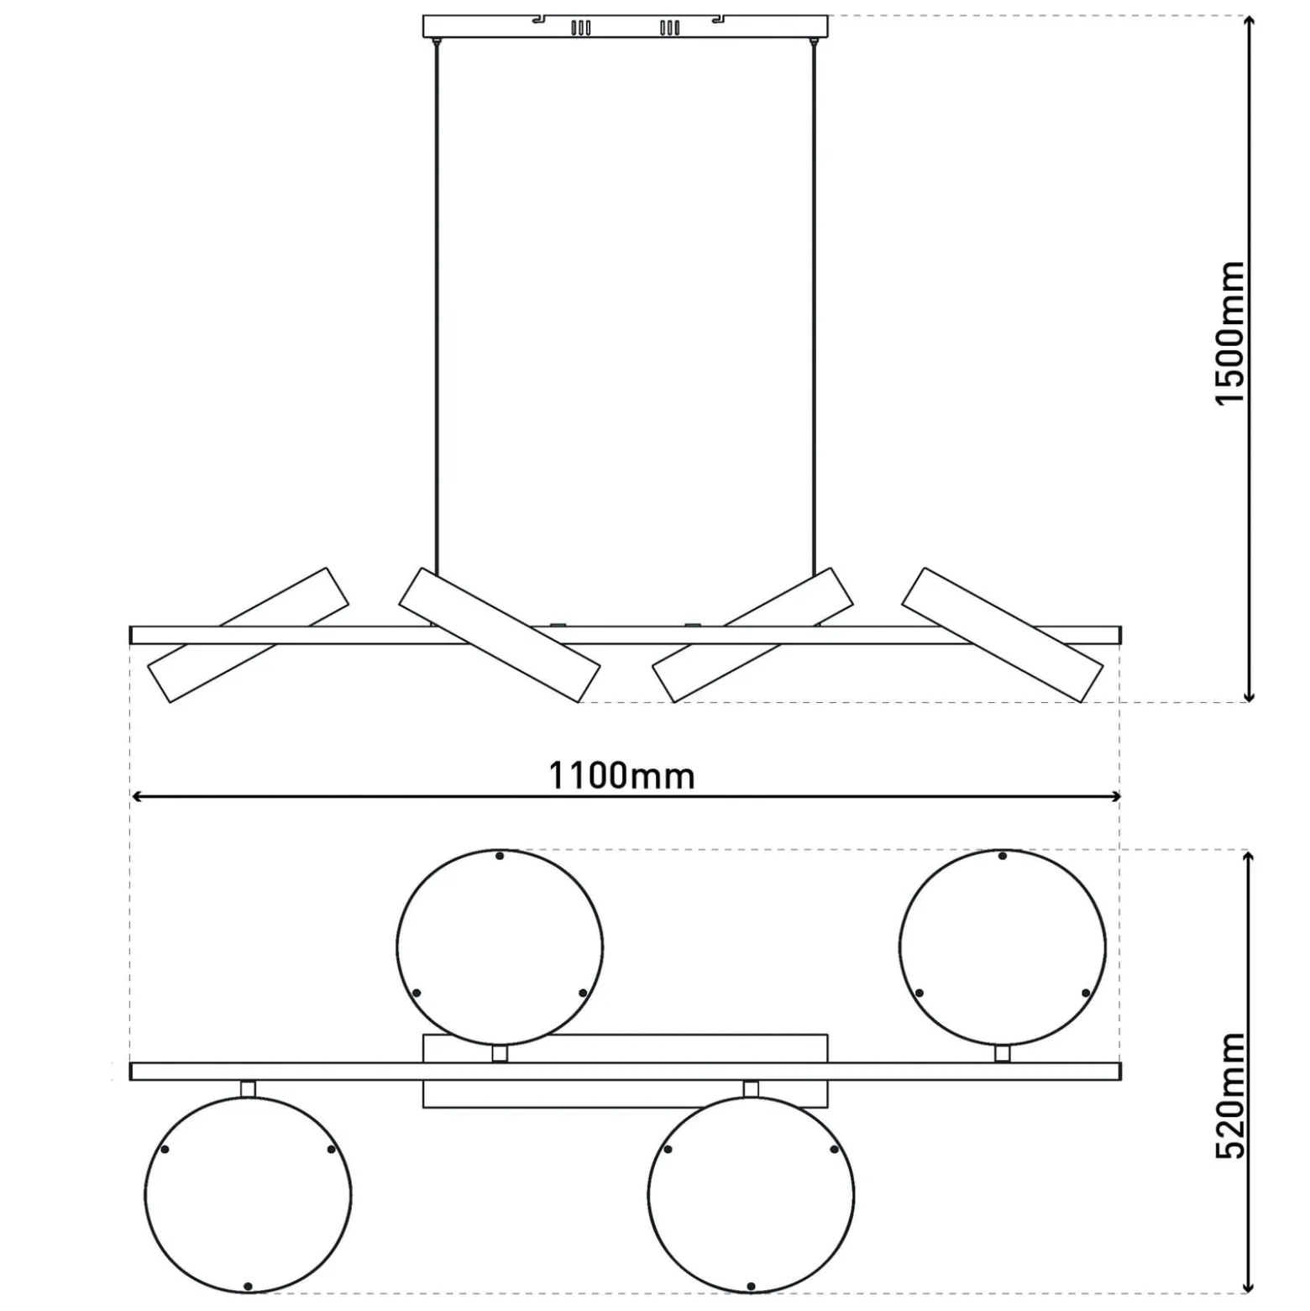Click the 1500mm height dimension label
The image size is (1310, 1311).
pyautogui.click(x=1231, y=333)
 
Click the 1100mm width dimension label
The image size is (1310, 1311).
pyautogui.click(x=621, y=775)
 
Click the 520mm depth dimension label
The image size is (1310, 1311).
pyautogui.click(x=1231, y=1095)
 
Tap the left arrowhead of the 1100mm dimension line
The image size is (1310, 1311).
pyautogui.click(x=139, y=795)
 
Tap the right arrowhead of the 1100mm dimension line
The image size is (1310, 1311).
pyautogui.click(x=1113, y=795)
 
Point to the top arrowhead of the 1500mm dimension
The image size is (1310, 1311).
pyautogui.click(x=1249, y=23)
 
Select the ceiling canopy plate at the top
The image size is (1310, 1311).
pyautogui.click(x=625, y=26)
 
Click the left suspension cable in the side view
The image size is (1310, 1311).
pyautogui.click(x=436, y=307)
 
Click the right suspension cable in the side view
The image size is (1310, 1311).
pyautogui.click(x=813, y=307)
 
